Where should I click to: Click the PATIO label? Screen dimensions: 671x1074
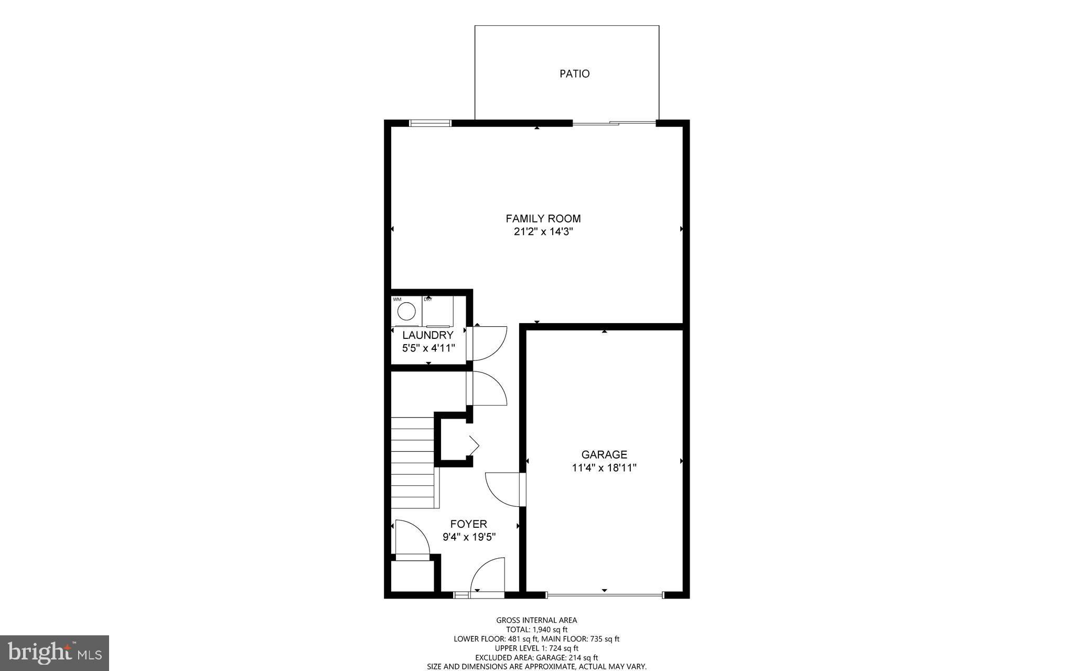click(574, 74)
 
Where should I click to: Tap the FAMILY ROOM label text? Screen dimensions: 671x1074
click(543, 218)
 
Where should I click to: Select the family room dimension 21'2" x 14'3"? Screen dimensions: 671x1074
click(543, 232)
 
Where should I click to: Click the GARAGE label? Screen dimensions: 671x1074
click(604, 454)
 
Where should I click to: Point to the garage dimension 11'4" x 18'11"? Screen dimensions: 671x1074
click(604, 468)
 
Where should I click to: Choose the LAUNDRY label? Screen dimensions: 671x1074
click(428, 335)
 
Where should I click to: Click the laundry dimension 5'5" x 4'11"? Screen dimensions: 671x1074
click(428, 347)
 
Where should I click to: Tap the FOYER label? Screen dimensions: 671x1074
click(469, 524)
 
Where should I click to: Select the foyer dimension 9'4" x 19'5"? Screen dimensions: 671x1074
click(469, 537)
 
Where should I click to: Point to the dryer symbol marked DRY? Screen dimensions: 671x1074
click(438, 312)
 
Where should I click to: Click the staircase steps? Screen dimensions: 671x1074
click(413, 462)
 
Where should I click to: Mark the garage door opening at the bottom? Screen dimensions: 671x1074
click(604, 595)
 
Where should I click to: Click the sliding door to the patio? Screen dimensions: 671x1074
click(614, 123)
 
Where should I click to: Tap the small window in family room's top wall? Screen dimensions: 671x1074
click(430, 123)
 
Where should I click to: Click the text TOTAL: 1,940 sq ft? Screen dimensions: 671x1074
click(536, 630)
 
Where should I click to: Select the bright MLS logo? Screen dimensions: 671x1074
click(55, 653)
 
